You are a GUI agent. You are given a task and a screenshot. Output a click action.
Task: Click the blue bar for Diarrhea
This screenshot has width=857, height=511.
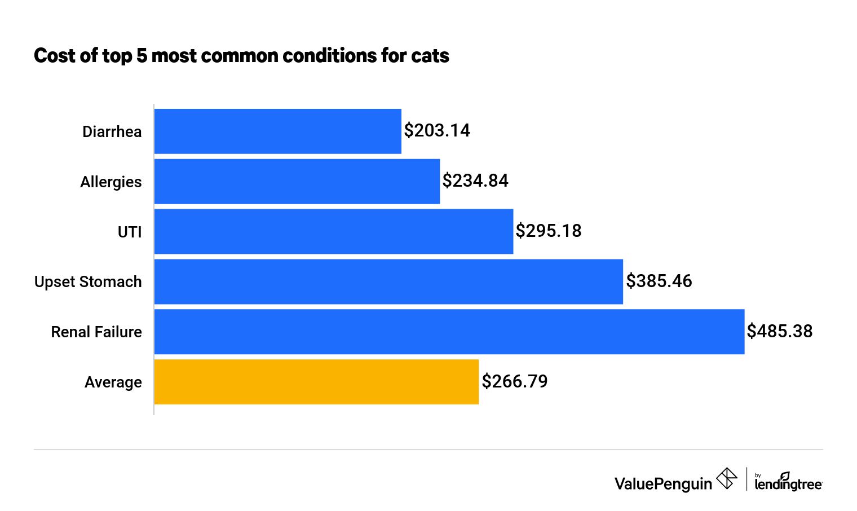click(x=277, y=131)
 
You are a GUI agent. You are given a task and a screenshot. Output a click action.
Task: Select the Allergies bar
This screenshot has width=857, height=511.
click(x=297, y=181)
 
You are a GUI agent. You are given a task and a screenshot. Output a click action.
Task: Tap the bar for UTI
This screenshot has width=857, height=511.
click(x=333, y=231)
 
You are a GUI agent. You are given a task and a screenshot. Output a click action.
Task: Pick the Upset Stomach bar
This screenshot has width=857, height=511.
click(x=388, y=281)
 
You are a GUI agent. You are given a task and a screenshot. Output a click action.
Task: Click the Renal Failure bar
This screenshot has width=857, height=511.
click(x=449, y=332)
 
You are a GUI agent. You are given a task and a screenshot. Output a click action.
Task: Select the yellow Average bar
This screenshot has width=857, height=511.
click(x=316, y=382)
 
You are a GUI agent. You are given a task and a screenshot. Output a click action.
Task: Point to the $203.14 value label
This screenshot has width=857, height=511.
click(x=437, y=131)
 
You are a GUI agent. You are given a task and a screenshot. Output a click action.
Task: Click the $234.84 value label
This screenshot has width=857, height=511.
click(x=475, y=181)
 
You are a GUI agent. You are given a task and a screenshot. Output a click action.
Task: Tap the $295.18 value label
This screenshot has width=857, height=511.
click(x=549, y=231)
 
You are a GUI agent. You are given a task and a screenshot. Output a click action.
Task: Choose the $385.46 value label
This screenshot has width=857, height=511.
click(x=659, y=281)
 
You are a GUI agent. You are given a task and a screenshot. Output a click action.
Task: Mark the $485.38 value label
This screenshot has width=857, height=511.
click(x=780, y=332)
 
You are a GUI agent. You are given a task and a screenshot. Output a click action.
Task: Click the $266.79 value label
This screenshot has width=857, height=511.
click(x=515, y=382)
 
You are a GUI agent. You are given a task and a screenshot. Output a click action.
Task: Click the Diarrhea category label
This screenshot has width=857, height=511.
click(x=112, y=132)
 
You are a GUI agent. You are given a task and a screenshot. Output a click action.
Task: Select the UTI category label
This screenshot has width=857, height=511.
click(x=130, y=232)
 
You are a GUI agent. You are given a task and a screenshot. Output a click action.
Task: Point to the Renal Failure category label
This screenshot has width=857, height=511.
click(x=96, y=332)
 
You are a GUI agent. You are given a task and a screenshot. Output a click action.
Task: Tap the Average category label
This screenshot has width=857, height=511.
click(x=113, y=382)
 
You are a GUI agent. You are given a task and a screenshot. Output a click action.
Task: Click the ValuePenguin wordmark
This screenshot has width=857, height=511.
click(x=663, y=484)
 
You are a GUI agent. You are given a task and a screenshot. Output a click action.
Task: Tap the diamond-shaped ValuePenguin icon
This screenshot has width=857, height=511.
click(x=727, y=479)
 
